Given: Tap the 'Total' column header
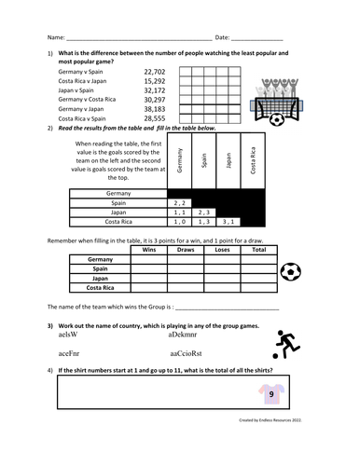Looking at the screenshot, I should [x=258, y=250].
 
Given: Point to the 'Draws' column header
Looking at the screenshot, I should [x=185, y=250].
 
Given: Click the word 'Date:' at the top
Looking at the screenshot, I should [x=222, y=37].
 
